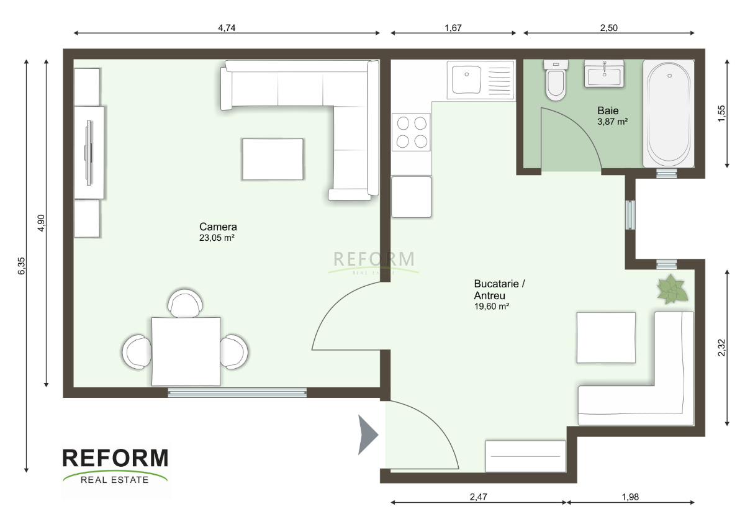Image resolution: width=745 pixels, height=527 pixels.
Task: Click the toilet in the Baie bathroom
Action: [556, 81]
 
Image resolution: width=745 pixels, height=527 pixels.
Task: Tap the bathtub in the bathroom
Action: [669, 114]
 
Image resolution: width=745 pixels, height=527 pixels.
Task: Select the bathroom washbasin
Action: [604, 74]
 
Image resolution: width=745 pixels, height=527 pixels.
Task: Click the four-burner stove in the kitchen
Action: [411, 132]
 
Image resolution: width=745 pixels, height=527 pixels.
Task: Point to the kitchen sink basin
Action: [466, 79]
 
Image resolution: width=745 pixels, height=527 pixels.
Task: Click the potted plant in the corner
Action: [672, 289]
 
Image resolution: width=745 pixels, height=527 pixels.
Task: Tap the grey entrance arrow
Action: [368, 435]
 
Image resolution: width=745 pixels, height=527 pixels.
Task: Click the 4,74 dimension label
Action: [227, 28]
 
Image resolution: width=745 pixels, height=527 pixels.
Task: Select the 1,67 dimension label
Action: [453, 28]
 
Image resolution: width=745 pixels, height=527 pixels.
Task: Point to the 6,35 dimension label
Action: [21, 266]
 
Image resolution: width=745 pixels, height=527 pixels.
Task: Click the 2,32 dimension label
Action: [721, 348]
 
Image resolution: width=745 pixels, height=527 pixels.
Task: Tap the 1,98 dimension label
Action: [630, 497]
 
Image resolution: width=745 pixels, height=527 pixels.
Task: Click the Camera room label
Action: [218, 227]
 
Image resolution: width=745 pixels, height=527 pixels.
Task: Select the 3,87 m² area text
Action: [612, 122]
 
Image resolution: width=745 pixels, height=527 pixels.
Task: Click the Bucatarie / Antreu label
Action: [499, 289]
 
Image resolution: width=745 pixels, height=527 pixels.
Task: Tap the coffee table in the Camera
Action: [273, 160]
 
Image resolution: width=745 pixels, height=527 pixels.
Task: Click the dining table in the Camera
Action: [186, 351]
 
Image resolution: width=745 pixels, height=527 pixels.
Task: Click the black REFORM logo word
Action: [115, 458]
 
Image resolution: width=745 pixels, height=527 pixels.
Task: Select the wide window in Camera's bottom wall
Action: [237, 393]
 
